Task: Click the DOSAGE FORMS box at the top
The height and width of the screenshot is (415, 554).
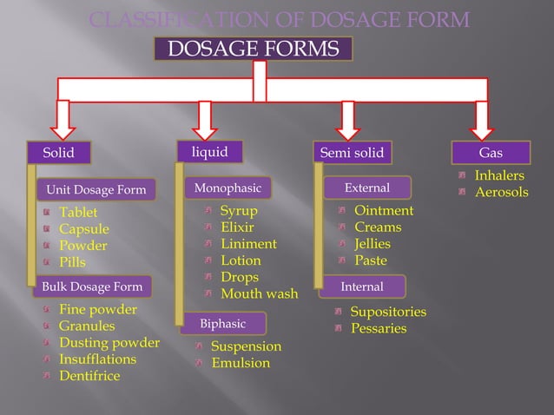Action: coord(254,49)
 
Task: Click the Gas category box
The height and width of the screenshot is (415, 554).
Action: coord(491,153)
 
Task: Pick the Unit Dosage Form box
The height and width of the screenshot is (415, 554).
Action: coord(96,190)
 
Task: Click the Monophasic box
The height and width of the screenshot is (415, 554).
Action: coord(228,188)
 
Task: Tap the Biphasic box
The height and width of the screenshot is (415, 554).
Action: coord(223,324)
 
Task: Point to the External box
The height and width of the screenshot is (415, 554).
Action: coord(367,188)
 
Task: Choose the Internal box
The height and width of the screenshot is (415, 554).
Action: coord(361,286)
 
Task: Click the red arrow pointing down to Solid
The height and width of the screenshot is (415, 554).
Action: coord(63,118)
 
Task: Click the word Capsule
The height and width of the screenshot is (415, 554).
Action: coord(84,229)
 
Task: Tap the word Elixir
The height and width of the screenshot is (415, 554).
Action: coord(237,227)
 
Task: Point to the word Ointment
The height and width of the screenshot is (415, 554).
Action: coord(384,211)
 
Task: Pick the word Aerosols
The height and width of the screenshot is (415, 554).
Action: coord(501,192)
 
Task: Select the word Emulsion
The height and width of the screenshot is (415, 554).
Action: coord(241,363)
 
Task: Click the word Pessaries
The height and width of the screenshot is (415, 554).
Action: coord(379,328)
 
